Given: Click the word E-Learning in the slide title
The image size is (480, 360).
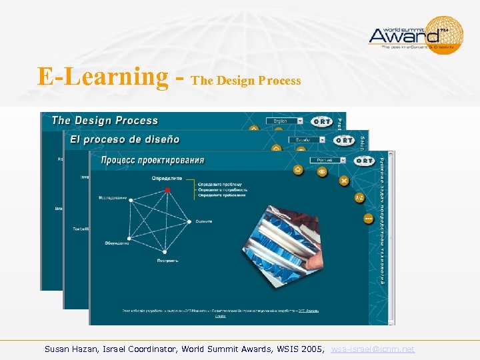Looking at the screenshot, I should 103,77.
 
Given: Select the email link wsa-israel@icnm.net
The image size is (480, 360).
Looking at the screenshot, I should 373,349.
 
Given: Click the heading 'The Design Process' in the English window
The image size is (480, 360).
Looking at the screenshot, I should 105,121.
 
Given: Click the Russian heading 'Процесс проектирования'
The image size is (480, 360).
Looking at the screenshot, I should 152,160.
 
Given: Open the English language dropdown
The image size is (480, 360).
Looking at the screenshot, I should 284,121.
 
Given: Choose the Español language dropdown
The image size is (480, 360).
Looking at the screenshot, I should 307,141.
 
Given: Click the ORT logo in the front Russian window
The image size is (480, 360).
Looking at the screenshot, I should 364,161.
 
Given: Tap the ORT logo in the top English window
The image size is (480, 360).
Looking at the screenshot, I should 321,121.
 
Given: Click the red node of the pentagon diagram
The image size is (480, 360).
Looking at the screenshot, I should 167,190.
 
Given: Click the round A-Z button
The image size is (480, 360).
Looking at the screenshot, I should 359,198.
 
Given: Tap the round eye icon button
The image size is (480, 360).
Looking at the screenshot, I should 322,171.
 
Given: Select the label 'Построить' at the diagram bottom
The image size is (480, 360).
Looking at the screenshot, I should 167,260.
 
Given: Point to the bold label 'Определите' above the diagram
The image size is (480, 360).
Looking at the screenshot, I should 166,178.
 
